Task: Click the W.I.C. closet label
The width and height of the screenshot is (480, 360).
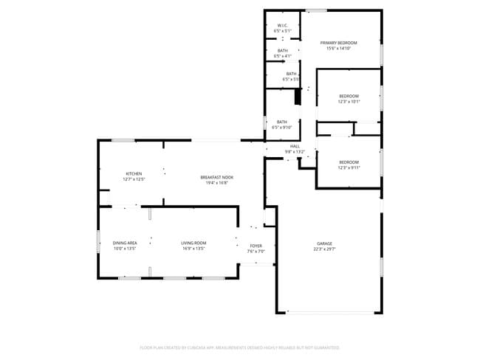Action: (x=282, y=24)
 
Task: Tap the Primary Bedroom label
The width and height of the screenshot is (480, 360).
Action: (x=338, y=43)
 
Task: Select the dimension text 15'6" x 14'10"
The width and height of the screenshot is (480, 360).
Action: (x=338, y=49)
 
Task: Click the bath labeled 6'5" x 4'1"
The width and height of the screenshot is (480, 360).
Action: (x=282, y=53)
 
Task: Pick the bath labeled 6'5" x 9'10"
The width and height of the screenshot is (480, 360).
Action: (x=282, y=124)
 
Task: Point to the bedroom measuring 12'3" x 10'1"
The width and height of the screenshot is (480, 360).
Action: (x=349, y=99)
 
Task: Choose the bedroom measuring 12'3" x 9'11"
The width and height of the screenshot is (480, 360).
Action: (x=349, y=165)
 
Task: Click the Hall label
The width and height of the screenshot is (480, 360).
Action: (x=295, y=146)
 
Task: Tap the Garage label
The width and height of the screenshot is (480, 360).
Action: (x=324, y=243)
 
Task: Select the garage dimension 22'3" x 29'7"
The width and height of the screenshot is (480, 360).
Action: (x=324, y=249)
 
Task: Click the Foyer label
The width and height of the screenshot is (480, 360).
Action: (x=256, y=246)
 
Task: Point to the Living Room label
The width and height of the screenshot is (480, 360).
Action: (x=194, y=243)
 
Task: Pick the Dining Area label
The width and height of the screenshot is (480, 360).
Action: (x=124, y=243)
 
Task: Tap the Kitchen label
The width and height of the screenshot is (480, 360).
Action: (x=134, y=173)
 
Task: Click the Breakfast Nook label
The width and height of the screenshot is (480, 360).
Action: (x=217, y=177)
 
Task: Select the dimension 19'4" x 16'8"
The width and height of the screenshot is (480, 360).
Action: (x=217, y=183)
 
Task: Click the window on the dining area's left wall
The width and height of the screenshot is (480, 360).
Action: (x=98, y=241)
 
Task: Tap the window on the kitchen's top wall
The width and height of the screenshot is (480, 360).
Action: (x=123, y=140)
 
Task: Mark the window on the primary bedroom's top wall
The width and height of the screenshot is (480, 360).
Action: (x=317, y=10)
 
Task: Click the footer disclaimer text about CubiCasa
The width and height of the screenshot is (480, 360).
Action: (x=239, y=347)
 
